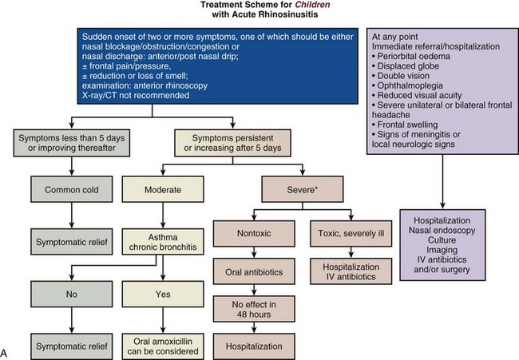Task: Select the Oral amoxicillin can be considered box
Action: click(163, 345)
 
